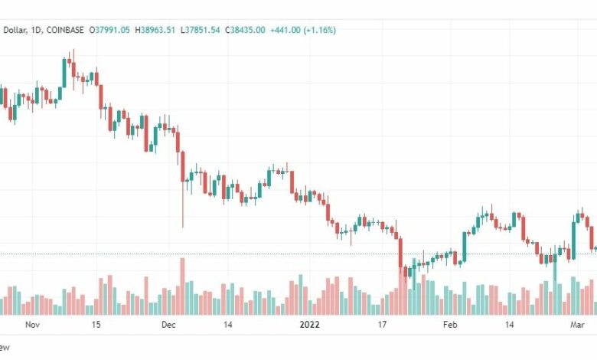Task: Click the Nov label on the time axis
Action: click(31, 324)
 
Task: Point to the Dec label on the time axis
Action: click(169, 324)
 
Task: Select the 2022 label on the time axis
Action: click(311, 324)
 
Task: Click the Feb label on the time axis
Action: click(450, 324)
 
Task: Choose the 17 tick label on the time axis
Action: click(381, 324)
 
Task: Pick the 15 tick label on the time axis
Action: click(96, 324)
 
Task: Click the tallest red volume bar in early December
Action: click(182, 286)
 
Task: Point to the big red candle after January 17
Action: click(400, 253)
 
